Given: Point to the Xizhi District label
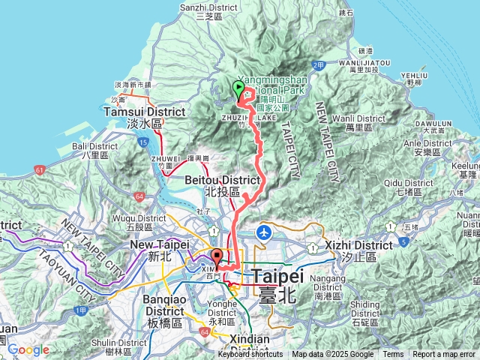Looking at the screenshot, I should coord(358,245).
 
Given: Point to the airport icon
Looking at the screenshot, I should coord(265,232).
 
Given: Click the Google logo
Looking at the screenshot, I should coord(28,349).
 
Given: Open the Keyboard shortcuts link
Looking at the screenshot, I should coord(251,355).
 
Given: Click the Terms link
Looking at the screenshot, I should coord(393,355).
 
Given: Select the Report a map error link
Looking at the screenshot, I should coord(445,355).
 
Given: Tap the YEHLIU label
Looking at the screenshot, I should coord(414,76).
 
